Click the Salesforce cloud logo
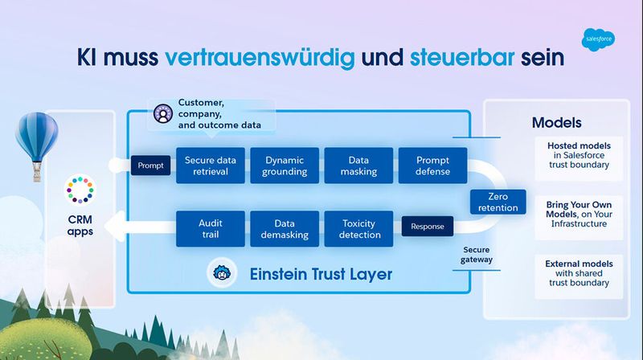coord(598,37)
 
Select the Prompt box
coord(150,166)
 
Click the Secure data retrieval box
coord(210,166)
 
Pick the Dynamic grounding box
coord(285,166)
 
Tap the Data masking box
coord(358,166)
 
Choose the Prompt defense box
coord(432,166)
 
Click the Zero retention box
coord(498,202)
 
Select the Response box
coord(427,227)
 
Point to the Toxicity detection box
coord(358,228)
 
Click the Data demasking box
coord(285,228)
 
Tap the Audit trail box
coord(210,228)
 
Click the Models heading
coord(556,124)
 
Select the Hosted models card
coord(579,155)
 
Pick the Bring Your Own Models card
coord(579,213)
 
